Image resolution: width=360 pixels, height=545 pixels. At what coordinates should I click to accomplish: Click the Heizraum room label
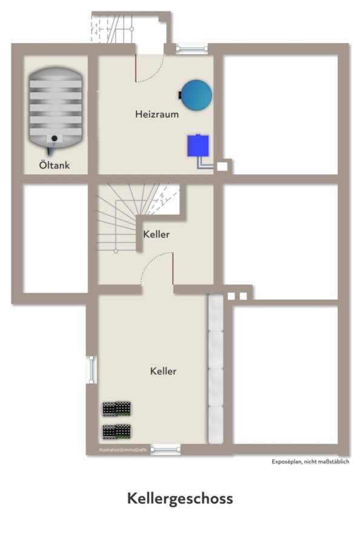pos(157,114)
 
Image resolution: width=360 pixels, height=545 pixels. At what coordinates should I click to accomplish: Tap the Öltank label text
pos(55,165)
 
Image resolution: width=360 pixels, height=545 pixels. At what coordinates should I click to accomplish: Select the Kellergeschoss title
pos(180,499)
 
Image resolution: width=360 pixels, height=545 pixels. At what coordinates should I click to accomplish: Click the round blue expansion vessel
pos(196,95)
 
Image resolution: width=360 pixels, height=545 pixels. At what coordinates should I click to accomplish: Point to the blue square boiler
pos(198,145)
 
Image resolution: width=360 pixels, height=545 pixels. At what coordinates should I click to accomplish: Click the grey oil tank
pos(56,108)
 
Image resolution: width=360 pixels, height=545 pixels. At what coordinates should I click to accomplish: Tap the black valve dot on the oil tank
pos(55,138)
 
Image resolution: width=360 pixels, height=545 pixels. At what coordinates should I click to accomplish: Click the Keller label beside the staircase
pos(156,234)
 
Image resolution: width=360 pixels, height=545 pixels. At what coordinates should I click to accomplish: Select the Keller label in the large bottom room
pos(163,371)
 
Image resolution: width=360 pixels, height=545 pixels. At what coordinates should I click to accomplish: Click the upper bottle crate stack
pos(116,409)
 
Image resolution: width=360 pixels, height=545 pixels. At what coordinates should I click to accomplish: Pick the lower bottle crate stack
pos(116,432)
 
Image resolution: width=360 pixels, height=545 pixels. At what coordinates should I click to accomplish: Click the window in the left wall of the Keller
pos(92,370)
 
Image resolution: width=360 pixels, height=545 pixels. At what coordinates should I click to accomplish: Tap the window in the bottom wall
pos(165,449)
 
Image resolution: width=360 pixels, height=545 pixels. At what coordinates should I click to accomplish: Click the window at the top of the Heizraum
pos(192,49)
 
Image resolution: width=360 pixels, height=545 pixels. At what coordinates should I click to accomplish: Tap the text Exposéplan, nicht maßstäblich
pos(310,461)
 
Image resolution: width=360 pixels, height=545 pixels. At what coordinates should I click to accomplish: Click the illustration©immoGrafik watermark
pos(123,450)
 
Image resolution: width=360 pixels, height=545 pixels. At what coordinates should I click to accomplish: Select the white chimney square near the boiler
pos(222,167)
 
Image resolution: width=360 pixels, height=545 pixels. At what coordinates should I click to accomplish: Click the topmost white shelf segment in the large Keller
pos(216,312)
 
